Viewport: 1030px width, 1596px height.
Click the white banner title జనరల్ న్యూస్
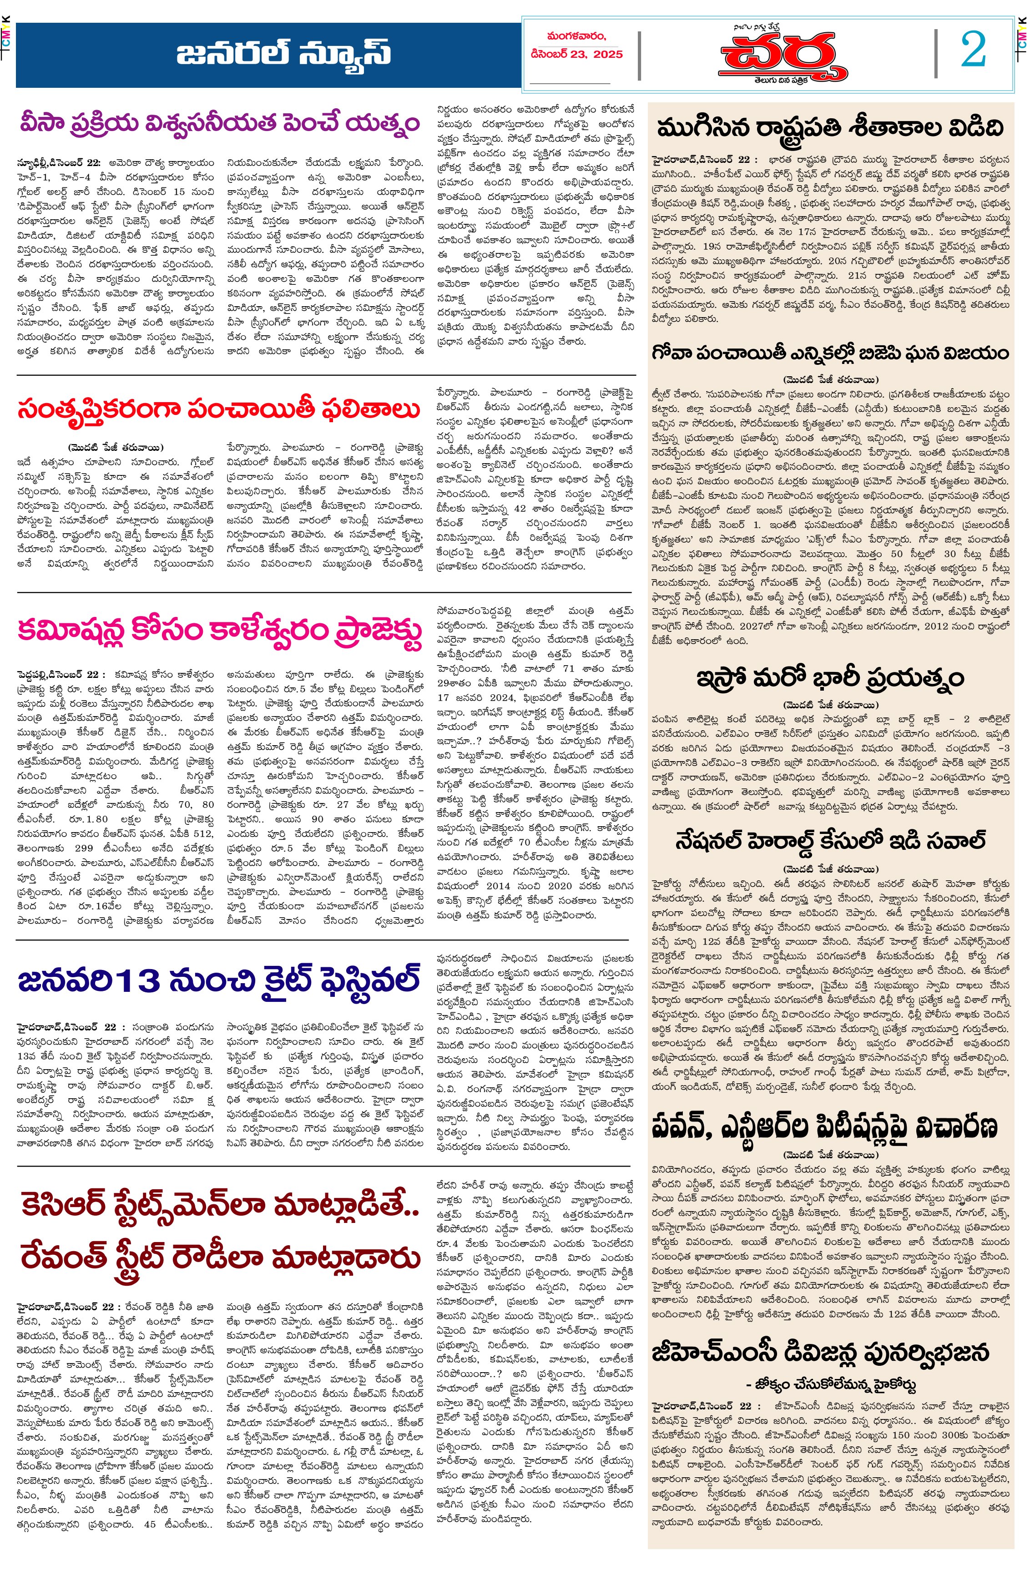coord(283,54)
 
